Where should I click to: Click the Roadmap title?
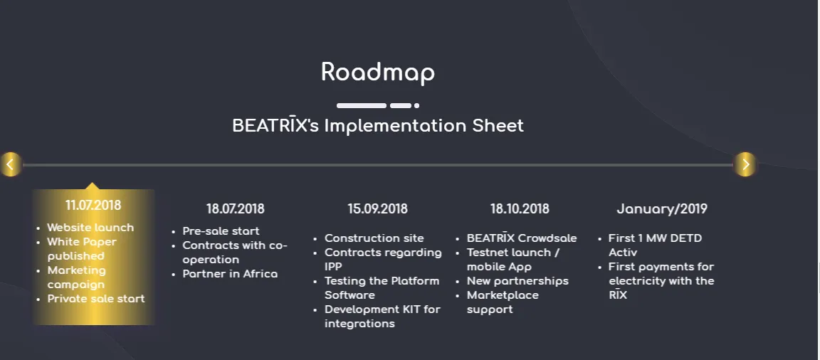(x=377, y=72)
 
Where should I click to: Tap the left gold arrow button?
(x=10, y=164)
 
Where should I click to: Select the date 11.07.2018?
(x=93, y=205)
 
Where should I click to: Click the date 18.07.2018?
(x=236, y=209)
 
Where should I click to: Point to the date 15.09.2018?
(x=377, y=209)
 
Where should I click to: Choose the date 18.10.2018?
(x=520, y=209)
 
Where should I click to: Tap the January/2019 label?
(x=662, y=209)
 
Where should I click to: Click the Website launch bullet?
(x=90, y=228)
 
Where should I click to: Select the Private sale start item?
(x=96, y=299)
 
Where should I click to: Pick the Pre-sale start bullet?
(x=221, y=231)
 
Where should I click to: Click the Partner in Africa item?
(x=230, y=274)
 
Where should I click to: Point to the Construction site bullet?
(x=374, y=238)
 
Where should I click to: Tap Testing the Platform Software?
(x=382, y=288)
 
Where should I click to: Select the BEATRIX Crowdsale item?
(x=522, y=238)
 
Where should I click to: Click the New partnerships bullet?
(x=517, y=281)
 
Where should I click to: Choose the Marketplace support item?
(x=503, y=302)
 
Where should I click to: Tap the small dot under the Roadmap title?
(x=417, y=105)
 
